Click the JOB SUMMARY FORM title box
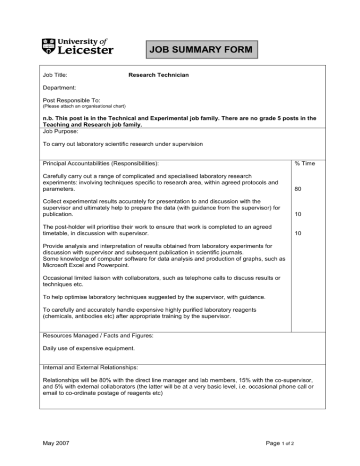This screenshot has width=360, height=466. tap(202, 49)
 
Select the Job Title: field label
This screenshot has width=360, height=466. tap(55, 75)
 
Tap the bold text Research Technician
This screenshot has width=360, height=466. tap(158, 75)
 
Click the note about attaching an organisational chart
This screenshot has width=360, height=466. tap(84, 106)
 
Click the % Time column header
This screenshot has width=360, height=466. tap(304, 163)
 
